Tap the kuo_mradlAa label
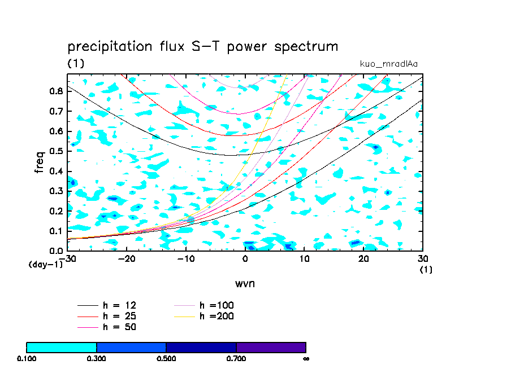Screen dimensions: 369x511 click(389, 64)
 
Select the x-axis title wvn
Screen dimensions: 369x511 click(245, 283)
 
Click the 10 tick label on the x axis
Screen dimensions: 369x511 click(304, 258)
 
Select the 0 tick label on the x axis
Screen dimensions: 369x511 click(245, 258)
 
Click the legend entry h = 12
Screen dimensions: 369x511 click(119, 305)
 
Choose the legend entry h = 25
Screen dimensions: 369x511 click(119, 316)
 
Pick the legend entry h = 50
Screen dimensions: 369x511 click(119, 327)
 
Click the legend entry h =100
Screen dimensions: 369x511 click(216, 305)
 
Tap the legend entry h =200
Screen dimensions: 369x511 click(216, 316)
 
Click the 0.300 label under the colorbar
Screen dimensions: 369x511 click(97, 358)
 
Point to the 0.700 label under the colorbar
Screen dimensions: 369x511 click(236, 358)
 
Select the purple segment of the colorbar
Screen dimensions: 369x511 click(271, 347)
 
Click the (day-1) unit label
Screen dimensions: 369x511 click(45, 264)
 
